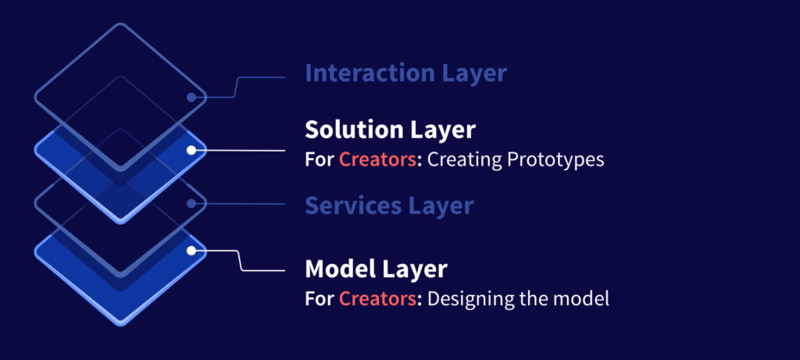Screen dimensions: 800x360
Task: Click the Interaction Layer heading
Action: (x=405, y=73)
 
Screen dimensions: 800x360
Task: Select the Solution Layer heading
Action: (x=390, y=130)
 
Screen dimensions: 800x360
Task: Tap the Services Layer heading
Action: (x=389, y=205)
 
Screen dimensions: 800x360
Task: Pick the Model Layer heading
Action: (x=376, y=269)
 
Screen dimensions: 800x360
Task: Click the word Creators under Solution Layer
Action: (x=377, y=160)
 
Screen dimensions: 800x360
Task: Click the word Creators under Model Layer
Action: (x=377, y=299)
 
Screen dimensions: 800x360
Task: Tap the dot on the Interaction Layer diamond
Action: (x=191, y=98)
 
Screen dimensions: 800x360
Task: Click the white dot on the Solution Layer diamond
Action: (x=191, y=151)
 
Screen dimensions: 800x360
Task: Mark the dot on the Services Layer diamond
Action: (x=191, y=204)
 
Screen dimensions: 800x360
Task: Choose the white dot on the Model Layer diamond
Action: (x=191, y=251)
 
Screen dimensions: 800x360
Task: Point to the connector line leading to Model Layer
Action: (x=240, y=261)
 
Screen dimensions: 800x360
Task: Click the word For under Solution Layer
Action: (x=320, y=160)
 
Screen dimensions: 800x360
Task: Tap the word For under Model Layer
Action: (x=320, y=299)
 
